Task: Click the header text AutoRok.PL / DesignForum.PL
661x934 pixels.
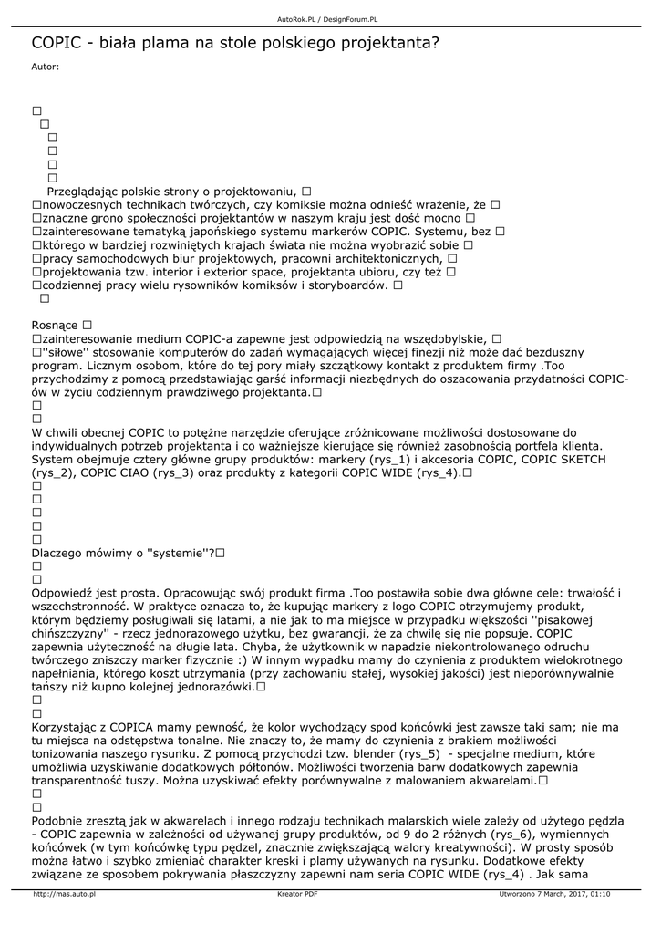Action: coord(328,18)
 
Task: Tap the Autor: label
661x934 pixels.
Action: coord(46,67)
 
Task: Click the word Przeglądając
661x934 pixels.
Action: coord(83,192)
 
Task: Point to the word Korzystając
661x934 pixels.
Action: coord(68,727)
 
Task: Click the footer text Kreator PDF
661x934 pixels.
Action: coord(297,894)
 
